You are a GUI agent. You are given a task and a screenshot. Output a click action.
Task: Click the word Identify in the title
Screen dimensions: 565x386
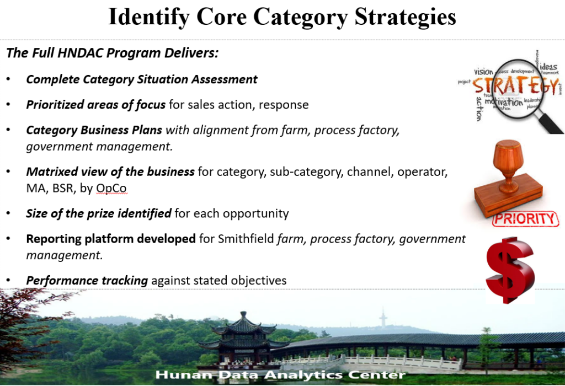pyautogui.click(x=149, y=18)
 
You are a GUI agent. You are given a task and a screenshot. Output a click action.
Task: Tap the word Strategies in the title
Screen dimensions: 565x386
pyautogui.click(x=406, y=18)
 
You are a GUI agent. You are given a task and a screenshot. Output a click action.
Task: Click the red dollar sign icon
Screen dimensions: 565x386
pyautogui.click(x=510, y=270)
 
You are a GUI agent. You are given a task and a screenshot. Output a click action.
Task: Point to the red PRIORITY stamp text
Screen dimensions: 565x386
pyautogui.click(x=525, y=219)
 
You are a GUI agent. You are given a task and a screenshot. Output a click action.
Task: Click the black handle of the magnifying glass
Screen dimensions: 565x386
pyautogui.click(x=550, y=123)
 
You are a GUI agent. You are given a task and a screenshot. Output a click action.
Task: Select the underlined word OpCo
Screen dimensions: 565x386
pyautogui.click(x=111, y=189)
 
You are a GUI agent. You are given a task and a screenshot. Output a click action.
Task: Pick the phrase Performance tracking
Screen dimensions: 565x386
pyautogui.click(x=87, y=281)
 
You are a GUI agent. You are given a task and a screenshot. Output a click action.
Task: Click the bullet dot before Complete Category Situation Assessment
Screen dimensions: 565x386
pyautogui.click(x=8, y=79)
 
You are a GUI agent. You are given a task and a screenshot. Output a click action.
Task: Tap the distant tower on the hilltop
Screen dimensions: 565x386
pyautogui.click(x=383, y=318)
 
